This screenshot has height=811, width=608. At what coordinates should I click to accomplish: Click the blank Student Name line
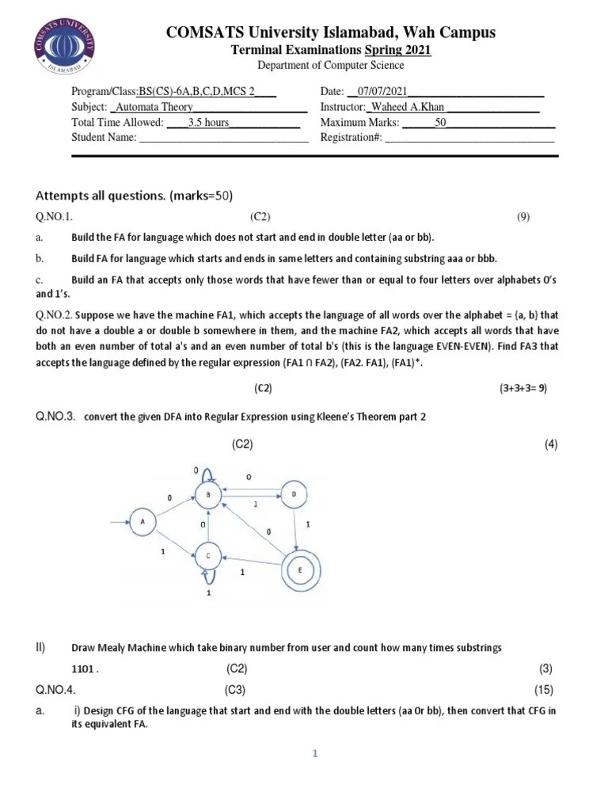(223, 139)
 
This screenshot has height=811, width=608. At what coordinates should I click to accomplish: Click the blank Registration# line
(469, 139)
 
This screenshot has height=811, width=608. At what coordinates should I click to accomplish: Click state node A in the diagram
(142, 522)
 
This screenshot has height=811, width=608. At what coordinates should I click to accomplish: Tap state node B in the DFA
(207, 496)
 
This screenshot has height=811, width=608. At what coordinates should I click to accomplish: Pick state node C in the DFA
(208, 556)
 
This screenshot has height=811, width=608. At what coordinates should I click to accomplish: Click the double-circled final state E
(299, 569)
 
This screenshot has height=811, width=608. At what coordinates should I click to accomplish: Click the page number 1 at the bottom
(314, 754)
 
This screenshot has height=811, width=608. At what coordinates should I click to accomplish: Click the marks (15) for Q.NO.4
(543, 689)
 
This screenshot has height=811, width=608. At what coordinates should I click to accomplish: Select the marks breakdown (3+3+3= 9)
(522, 388)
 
